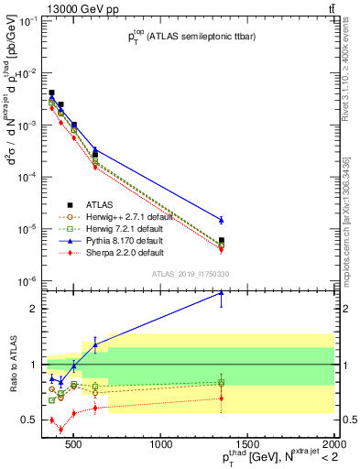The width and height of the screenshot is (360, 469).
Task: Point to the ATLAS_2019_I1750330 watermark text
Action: (190, 274)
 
